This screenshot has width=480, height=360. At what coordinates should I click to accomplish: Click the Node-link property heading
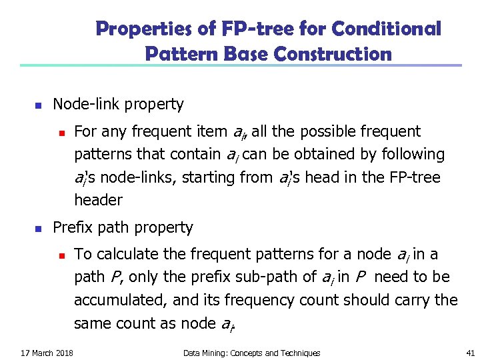point(118,104)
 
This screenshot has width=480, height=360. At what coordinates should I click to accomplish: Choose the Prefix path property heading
point(123,227)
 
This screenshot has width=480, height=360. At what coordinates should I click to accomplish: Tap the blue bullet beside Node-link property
point(37,105)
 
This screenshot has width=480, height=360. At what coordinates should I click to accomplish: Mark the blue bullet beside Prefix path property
point(37,229)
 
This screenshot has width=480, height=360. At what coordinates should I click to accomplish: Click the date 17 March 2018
point(47,353)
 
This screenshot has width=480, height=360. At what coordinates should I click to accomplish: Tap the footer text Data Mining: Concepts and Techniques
point(251,353)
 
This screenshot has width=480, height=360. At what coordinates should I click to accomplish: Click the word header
point(98,200)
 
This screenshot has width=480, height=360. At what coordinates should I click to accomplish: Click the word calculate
point(127,254)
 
